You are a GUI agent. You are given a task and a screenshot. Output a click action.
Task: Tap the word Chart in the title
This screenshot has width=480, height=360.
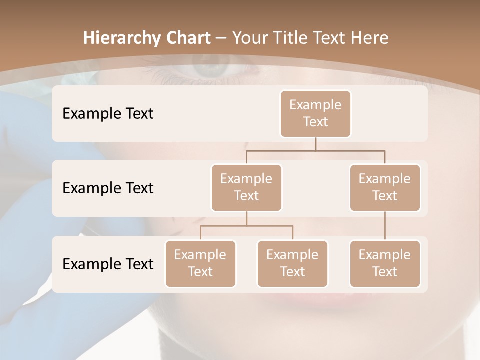click(187, 38)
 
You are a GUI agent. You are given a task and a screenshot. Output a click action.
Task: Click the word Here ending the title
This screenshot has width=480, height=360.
click(370, 38)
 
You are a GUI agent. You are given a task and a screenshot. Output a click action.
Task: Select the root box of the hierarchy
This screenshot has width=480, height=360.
click(315, 114)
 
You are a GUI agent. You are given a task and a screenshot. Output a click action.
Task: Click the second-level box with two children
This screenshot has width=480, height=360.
click(246, 188)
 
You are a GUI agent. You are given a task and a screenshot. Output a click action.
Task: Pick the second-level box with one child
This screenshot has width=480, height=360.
click(385, 188)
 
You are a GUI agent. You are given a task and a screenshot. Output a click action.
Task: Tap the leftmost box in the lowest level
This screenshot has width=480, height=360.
click(200, 264)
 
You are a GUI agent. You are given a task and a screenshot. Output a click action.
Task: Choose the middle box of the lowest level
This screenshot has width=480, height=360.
click(292, 264)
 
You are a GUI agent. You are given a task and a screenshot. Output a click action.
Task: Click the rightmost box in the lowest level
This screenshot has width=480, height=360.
click(385, 264)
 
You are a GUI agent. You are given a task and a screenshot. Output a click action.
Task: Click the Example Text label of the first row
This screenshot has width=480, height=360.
click(108, 114)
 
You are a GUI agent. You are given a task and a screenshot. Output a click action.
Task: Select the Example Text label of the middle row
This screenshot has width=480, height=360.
click(108, 188)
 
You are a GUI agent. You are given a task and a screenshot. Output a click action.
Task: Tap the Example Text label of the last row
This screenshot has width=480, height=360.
click(108, 264)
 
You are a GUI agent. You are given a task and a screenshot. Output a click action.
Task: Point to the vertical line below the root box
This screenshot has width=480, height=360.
click(315, 144)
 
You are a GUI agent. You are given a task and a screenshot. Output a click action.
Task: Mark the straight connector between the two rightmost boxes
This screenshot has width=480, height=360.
click(385, 226)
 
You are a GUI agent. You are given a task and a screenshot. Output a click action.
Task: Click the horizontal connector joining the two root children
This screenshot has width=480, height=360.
click(315, 150)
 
